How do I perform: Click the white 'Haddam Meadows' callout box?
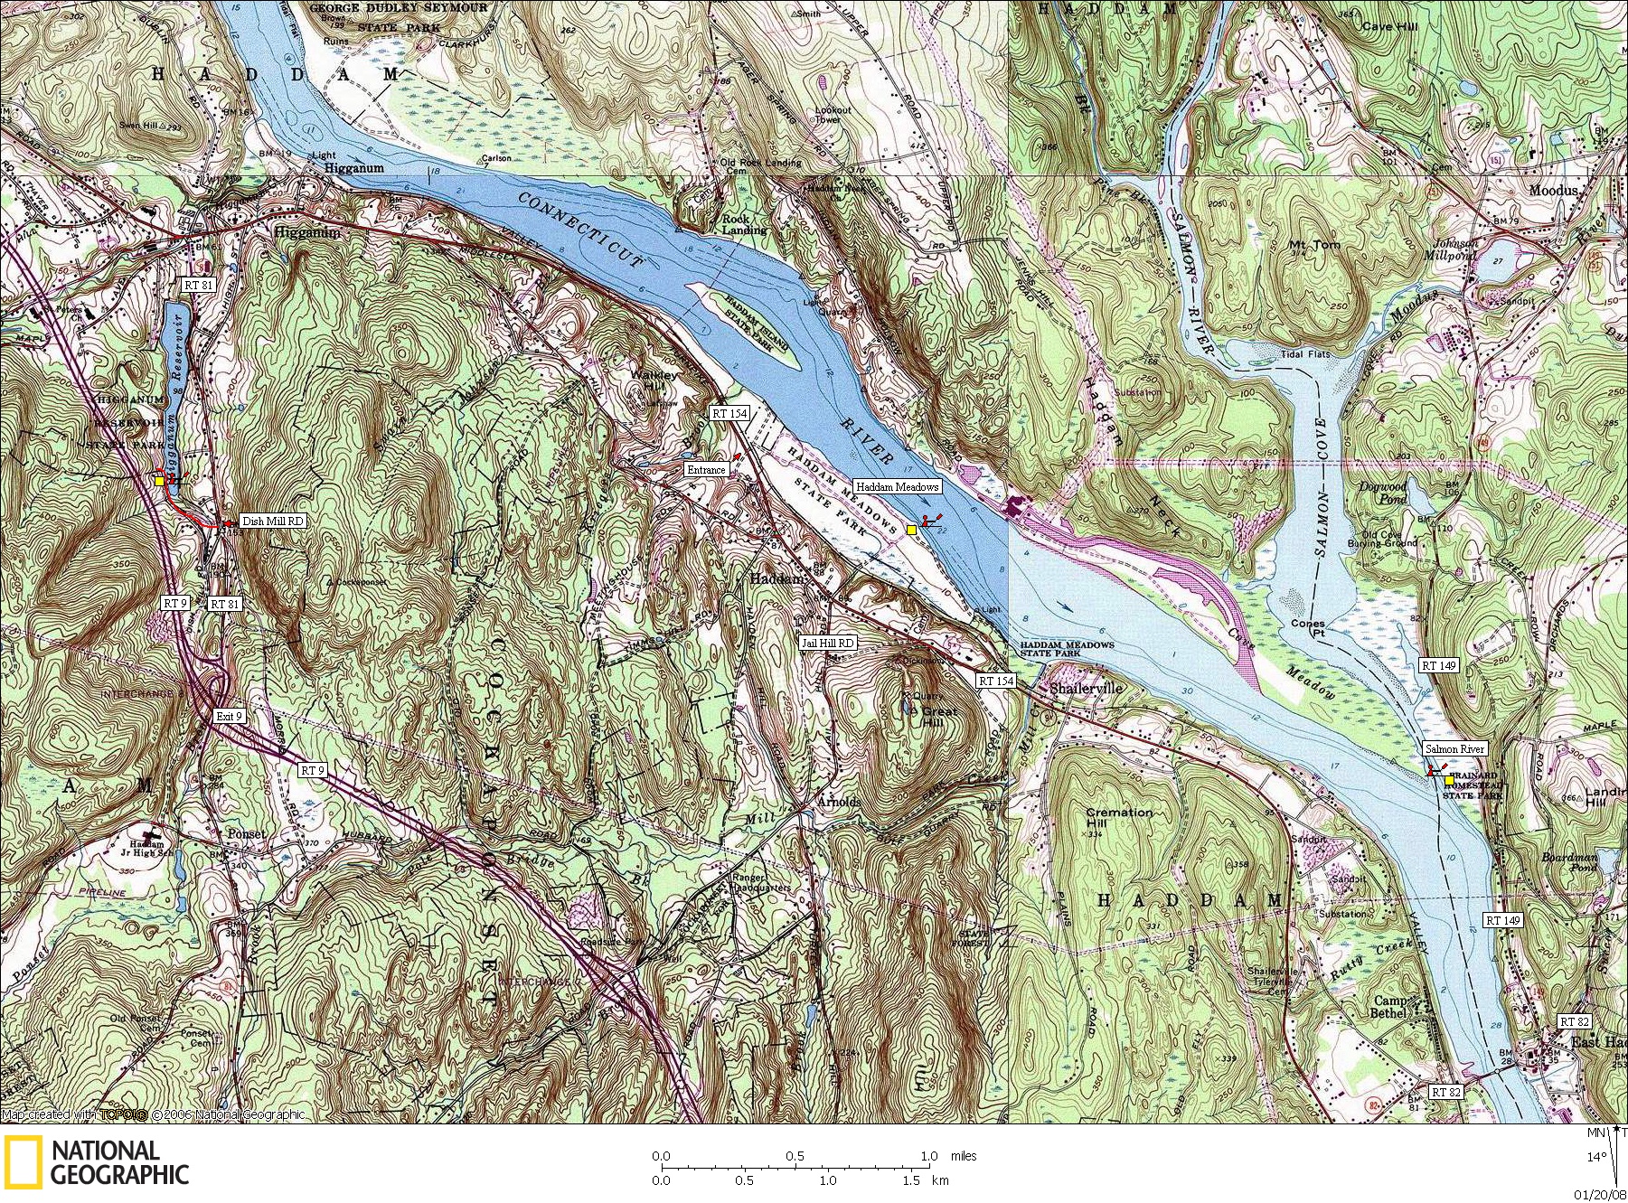[898, 486]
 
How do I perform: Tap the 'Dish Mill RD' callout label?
[272, 522]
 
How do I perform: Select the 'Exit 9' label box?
[230, 716]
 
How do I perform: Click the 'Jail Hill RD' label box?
[828, 643]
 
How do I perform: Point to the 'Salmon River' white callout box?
[1454, 748]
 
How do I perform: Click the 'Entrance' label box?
[706, 470]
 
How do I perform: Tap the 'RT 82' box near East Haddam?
[1574, 1021]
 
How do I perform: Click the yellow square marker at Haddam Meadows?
[912, 530]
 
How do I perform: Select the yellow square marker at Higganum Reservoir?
[160, 481]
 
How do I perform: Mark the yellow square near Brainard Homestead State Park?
[1449, 780]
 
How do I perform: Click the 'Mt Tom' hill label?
[1314, 245]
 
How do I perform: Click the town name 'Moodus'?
[1553, 191]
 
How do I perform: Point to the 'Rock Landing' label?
[744, 224]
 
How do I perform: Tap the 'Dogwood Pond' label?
[1382, 493]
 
